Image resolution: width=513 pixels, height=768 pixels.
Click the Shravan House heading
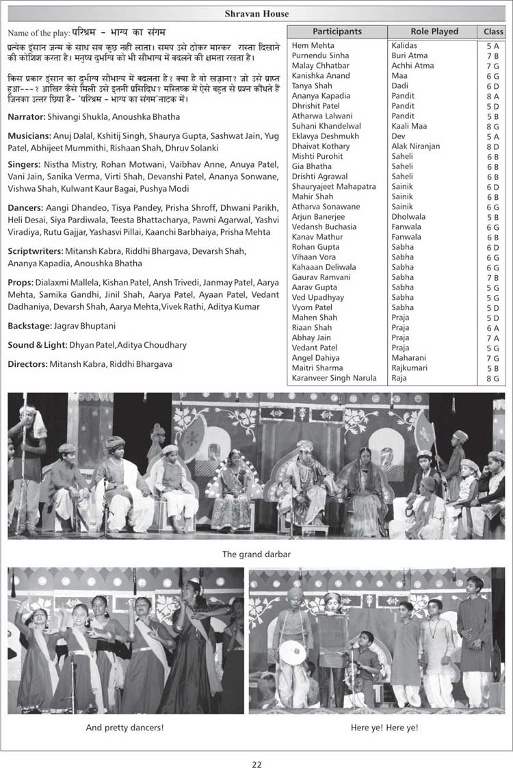(256, 14)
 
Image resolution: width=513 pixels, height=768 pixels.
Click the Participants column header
(337, 31)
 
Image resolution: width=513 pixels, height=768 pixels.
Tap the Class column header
(492, 31)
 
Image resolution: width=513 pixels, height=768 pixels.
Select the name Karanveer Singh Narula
(334, 378)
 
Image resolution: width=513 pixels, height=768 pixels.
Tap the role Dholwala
(408, 216)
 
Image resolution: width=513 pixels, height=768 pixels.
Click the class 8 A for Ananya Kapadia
(492, 96)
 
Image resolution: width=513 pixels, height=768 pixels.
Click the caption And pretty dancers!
(124, 727)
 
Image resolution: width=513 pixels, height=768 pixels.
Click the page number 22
(256, 765)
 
